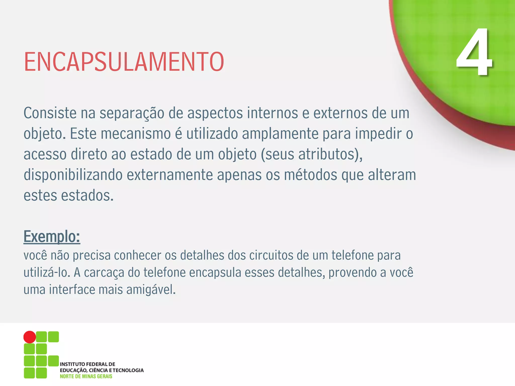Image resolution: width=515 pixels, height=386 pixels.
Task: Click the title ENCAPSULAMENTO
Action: [124, 62]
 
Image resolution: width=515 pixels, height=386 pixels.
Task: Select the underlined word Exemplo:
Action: [52, 236]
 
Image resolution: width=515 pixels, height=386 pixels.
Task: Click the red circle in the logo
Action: [30, 337]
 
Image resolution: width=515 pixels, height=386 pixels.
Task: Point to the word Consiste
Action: [50, 113]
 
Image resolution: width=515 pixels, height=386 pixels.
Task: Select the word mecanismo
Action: [136, 133]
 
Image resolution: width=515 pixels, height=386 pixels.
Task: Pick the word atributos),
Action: [330, 154]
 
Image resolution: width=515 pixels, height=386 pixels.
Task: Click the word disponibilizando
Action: [73, 175]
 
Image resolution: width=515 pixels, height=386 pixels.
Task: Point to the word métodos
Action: [311, 175]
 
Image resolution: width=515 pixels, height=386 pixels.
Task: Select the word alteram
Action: [392, 175]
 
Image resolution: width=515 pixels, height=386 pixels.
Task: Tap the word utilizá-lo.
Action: [47, 272]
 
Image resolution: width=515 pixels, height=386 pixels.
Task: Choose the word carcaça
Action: [104, 273]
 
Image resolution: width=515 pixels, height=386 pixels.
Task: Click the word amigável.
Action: [151, 289]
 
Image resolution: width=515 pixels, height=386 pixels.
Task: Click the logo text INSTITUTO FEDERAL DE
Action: [88, 364]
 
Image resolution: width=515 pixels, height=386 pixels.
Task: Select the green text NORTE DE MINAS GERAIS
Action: [86, 376]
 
